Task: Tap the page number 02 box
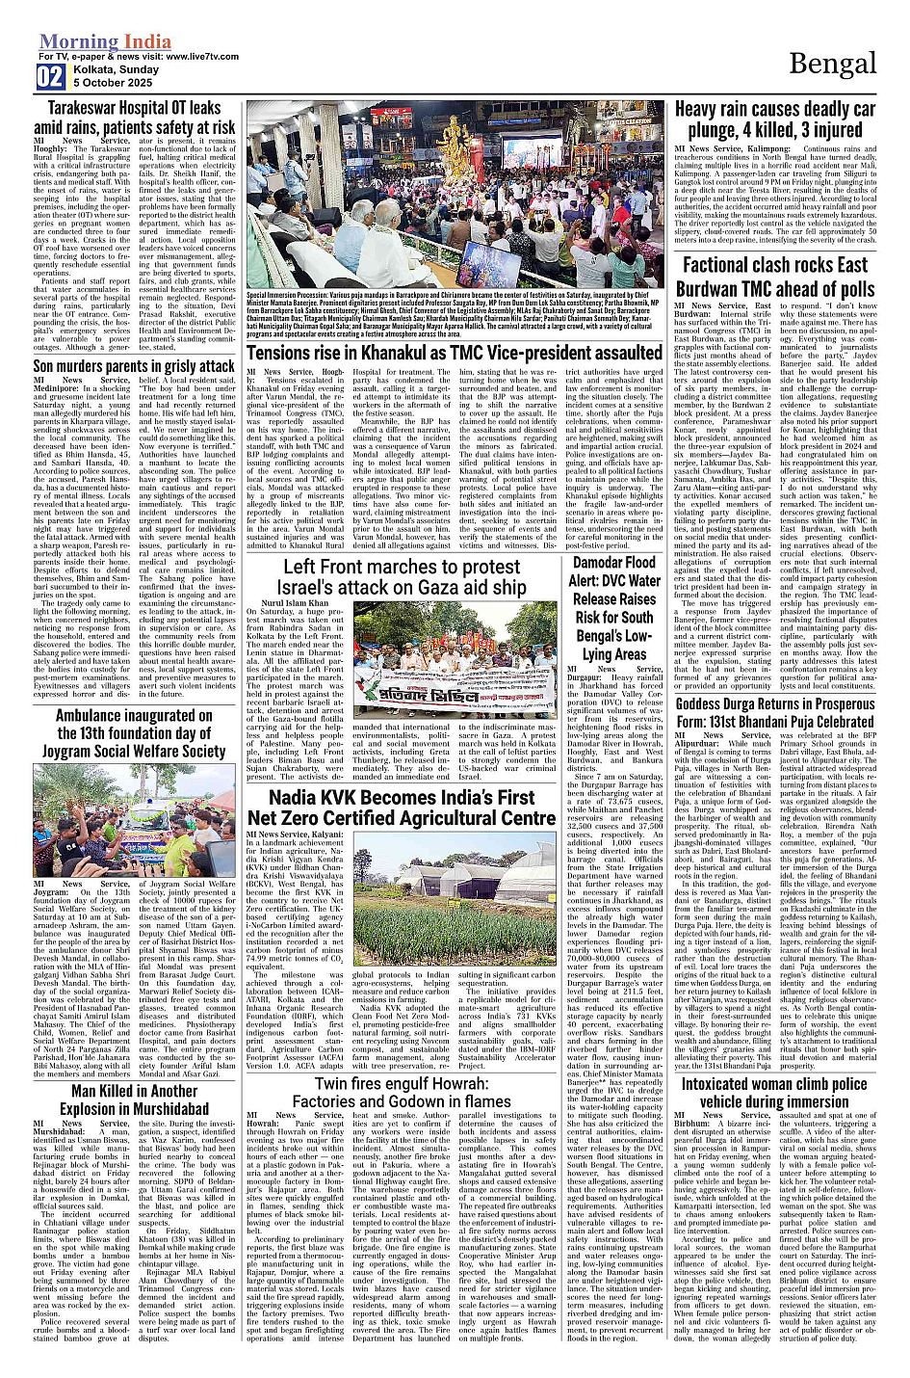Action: (50, 78)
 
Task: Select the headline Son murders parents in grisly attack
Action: (135, 366)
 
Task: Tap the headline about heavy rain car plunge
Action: (775, 119)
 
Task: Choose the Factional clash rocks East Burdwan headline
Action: (775, 277)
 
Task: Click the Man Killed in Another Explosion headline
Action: (135, 1100)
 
